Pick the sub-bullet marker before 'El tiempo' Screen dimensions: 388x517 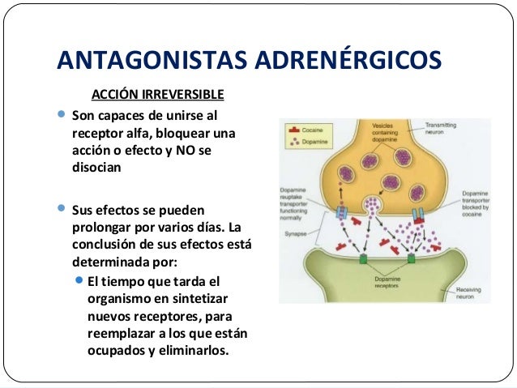click(x=79, y=281)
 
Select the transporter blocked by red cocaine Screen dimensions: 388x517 click(x=419, y=215)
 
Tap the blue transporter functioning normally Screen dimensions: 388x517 click(x=341, y=215)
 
